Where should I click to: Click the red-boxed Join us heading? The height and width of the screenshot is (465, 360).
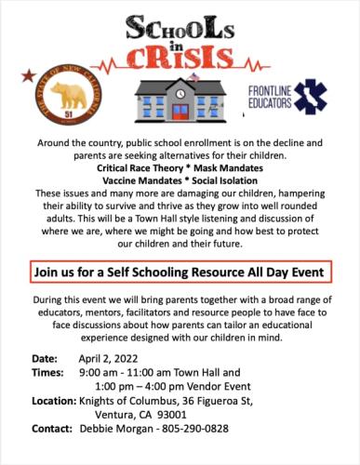click(180, 272)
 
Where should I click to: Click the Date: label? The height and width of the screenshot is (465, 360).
click(45, 357)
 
